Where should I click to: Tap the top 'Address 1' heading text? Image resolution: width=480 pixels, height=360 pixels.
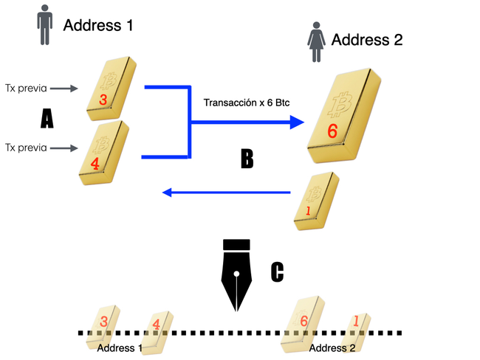click(98, 26)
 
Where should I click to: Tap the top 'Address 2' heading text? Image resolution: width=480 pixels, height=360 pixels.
click(367, 40)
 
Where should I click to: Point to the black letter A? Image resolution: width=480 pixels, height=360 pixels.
click(47, 117)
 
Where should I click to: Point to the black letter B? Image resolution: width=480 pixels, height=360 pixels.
click(247, 158)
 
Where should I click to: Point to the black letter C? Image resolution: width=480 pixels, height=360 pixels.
click(277, 271)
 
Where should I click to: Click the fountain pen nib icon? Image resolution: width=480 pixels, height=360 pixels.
click(236, 272)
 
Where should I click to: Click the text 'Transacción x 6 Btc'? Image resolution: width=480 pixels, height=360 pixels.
click(246, 103)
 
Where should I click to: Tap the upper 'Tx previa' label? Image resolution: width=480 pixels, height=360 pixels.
click(26, 89)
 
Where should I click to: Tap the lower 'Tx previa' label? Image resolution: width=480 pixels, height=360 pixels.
click(26, 148)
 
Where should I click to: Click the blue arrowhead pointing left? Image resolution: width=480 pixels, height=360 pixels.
click(168, 193)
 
